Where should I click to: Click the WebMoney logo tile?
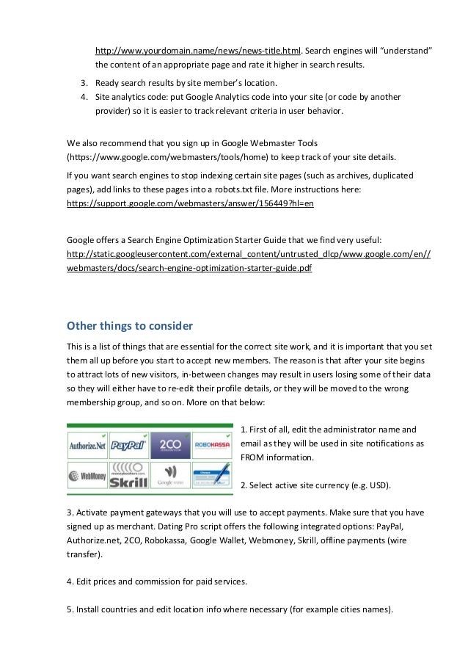(x=87, y=476)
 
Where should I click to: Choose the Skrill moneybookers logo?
(x=128, y=476)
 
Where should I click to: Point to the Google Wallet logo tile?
(x=170, y=476)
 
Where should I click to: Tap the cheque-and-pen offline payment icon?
(x=211, y=476)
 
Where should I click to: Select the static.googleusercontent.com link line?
(x=248, y=253)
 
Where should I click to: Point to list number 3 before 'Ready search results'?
(x=83, y=81)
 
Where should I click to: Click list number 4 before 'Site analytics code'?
(x=83, y=96)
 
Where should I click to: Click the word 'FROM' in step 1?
(x=254, y=457)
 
